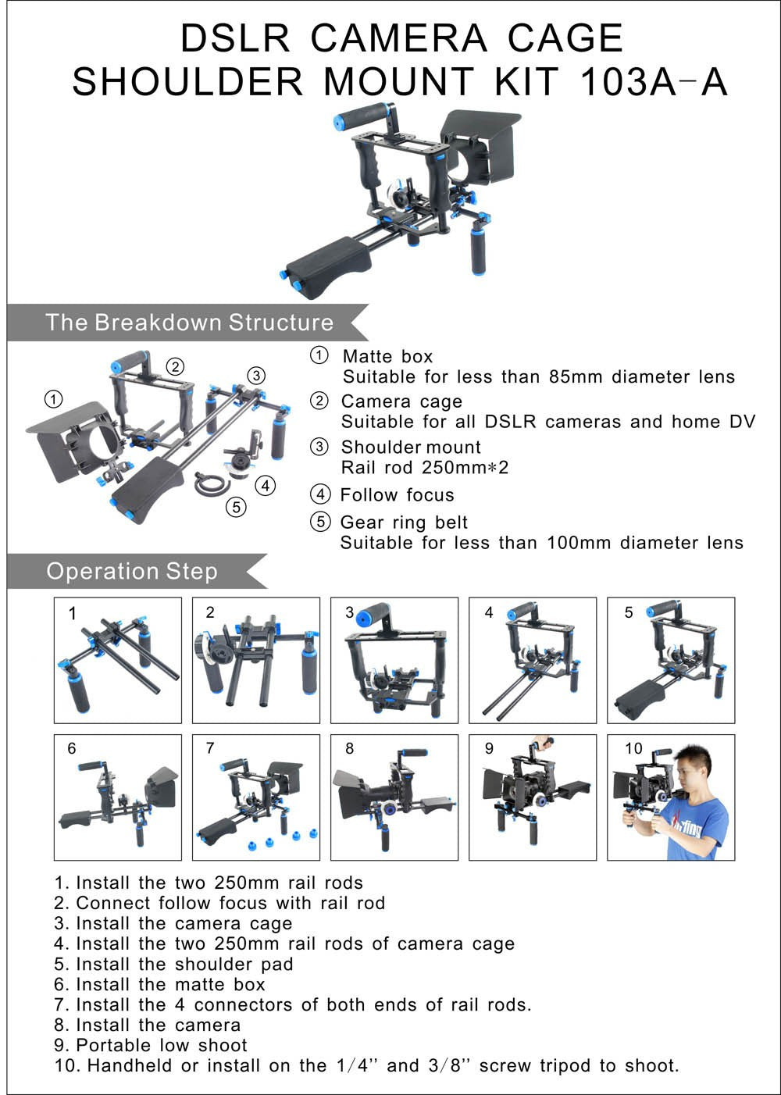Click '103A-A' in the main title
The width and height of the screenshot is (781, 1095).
click(x=654, y=82)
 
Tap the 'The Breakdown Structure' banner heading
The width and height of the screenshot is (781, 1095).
click(x=189, y=323)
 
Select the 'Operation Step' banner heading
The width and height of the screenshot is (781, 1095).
click(x=131, y=572)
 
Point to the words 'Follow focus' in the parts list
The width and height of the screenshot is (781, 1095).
click(x=397, y=495)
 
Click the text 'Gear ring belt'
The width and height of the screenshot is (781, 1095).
click(x=404, y=523)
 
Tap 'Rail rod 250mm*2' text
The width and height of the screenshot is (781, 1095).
click(x=425, y=468)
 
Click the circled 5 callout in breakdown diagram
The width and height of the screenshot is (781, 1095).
click(x=236, y=507)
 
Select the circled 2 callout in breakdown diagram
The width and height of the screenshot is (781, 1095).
click(x=176, y=366)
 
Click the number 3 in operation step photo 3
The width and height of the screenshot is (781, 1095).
click(x=349, y=612)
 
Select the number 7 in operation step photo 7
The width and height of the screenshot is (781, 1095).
click(x=210, y=748)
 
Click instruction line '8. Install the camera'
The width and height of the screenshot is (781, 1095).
click(x=148, y=1025)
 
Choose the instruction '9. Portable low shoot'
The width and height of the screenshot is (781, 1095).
click(x=151, y=1045)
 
